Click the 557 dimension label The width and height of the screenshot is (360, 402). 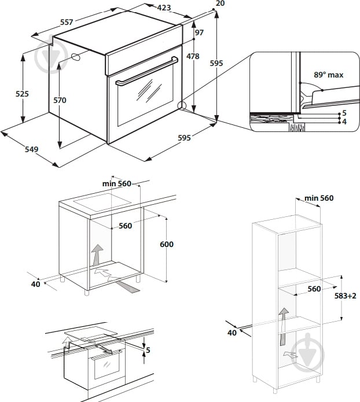point(67,22)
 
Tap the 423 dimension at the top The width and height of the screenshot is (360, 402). point(164,8)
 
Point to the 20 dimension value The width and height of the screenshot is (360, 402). point(219,3)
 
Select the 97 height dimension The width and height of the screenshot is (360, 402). point(199,33)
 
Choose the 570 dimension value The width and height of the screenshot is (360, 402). point(60,100)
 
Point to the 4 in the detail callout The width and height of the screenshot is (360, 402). point(344,122)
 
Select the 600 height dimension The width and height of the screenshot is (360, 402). point(166,245)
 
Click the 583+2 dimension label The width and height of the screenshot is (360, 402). point(345,296)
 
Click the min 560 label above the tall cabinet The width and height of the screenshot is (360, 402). point(319,198)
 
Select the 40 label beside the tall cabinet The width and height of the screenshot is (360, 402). point(232,333)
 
